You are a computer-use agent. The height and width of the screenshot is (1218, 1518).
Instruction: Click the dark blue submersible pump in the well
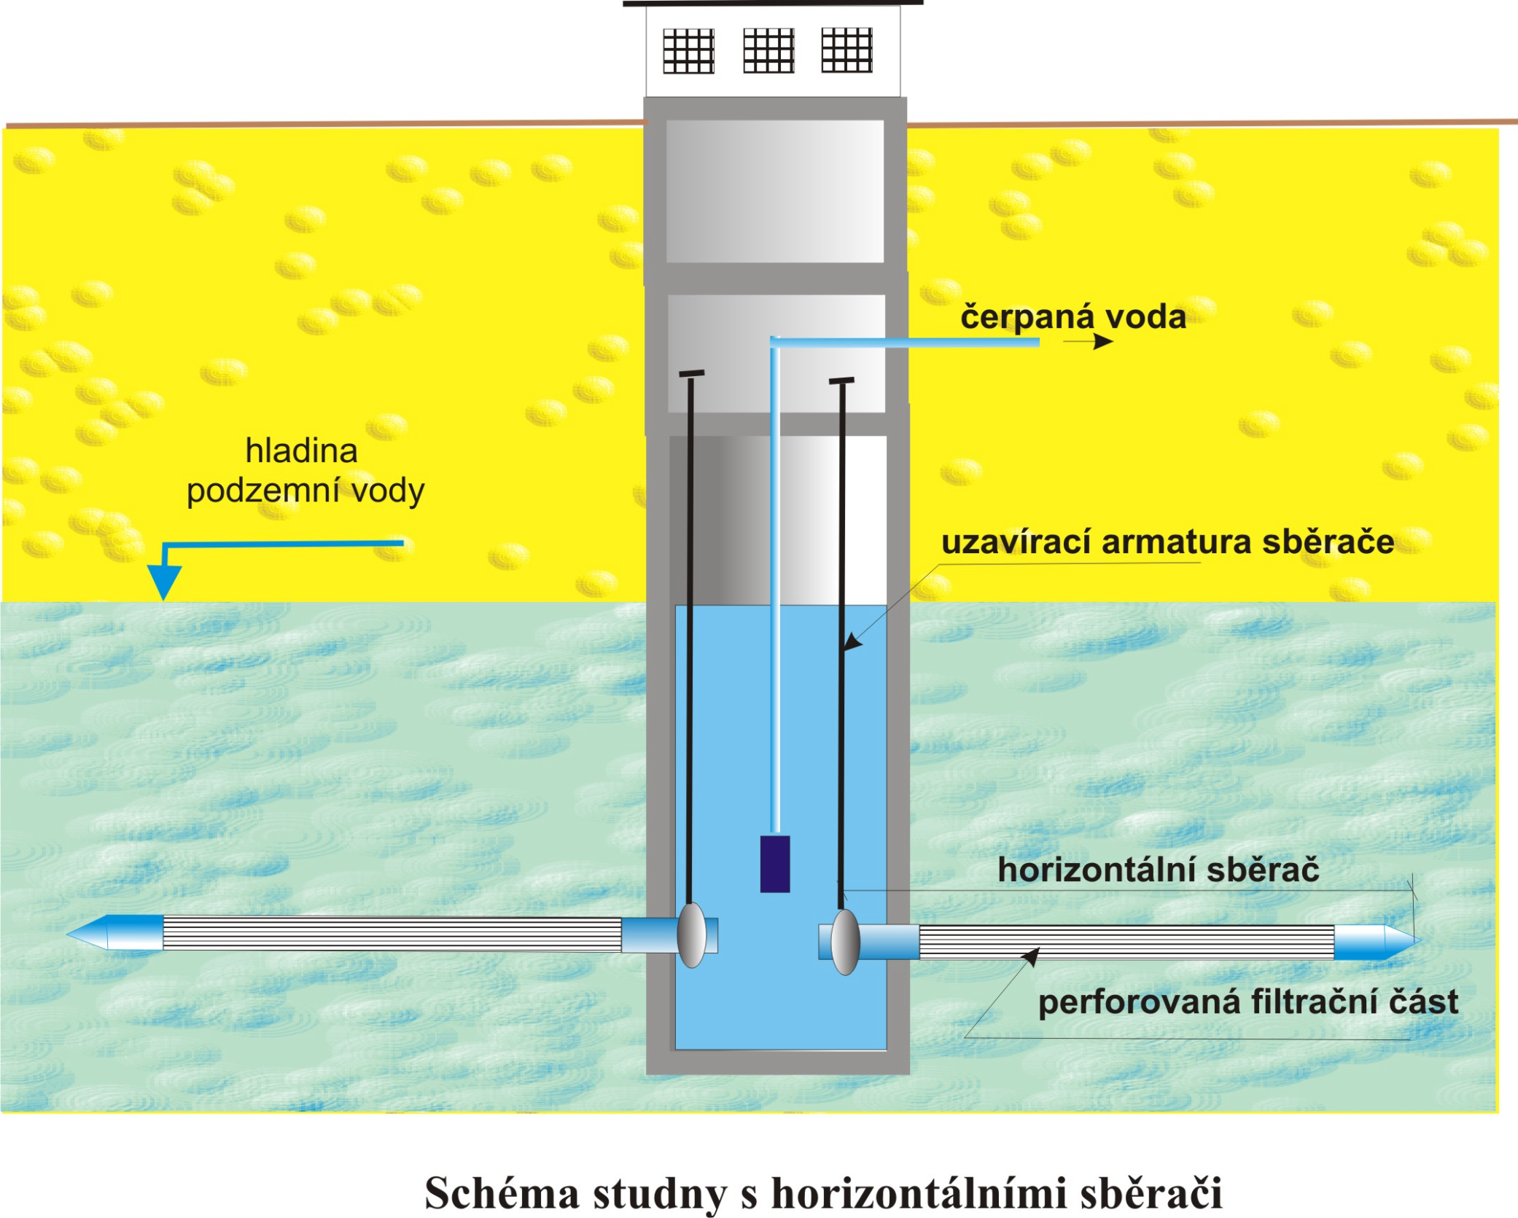coord(774,863)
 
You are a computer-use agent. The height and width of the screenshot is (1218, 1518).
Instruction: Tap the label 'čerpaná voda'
coord(1073,317)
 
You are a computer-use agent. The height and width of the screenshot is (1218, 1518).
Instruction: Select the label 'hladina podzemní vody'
coord(305,471)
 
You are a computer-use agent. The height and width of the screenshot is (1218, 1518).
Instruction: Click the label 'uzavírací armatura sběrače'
coord(1167,542)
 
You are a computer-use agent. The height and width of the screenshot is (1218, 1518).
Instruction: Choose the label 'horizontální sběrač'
coord(1158,870)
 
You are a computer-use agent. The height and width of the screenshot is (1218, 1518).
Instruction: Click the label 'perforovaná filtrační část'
coord(1248,1002)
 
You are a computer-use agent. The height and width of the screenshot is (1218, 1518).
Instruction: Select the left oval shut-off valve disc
coord(691,935)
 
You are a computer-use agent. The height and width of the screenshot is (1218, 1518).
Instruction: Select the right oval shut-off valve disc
coord(845,942)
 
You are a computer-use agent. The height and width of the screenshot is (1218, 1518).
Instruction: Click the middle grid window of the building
coord(768,50)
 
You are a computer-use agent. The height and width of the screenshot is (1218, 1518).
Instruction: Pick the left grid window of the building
coord(688,51)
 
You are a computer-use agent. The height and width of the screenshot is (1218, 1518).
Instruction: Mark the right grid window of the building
coord(846,50)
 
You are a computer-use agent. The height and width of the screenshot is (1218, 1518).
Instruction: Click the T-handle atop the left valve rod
coord(691,374)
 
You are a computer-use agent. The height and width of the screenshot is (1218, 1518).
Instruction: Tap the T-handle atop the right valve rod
coord(841,380)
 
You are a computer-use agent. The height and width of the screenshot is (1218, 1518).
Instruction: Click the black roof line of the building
coord(773,3)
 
